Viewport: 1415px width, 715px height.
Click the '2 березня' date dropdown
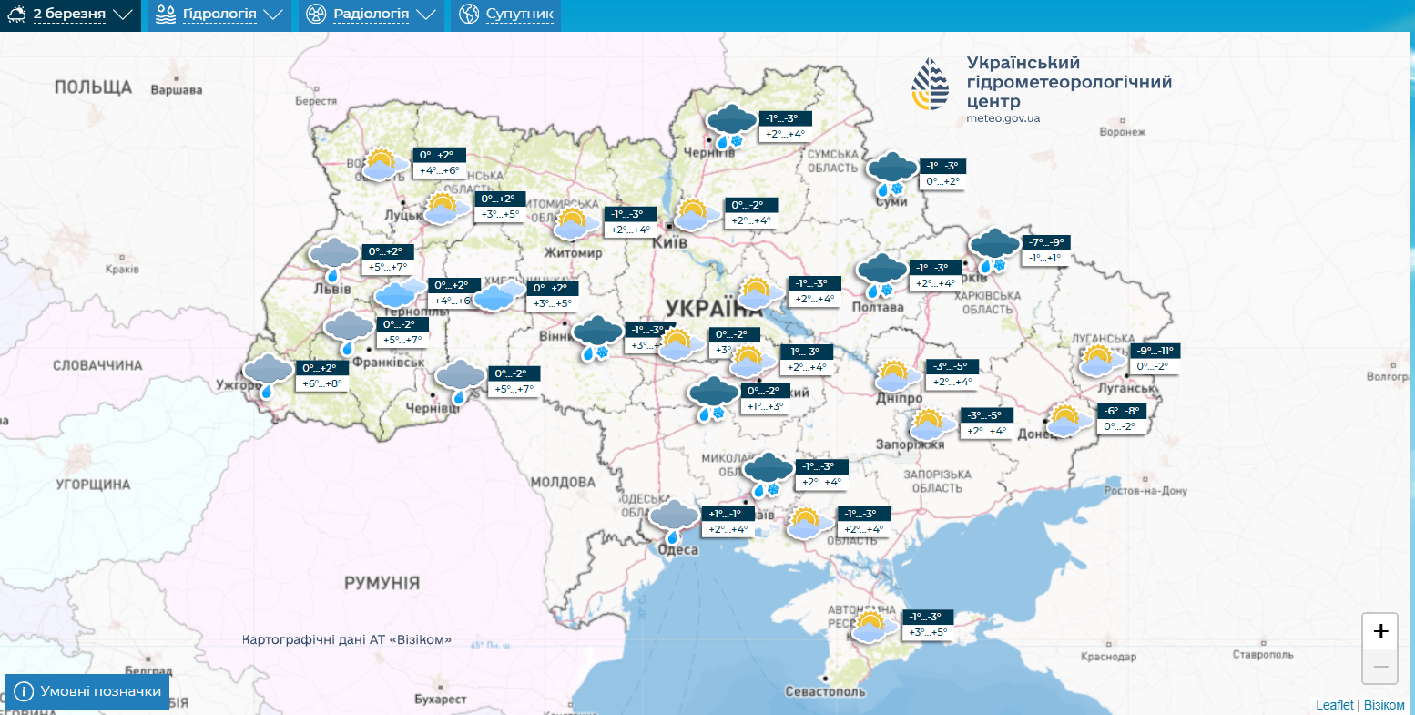[70, 15]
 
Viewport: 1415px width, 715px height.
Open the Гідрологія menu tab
[219, 15]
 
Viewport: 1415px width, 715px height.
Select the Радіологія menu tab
[372, 15]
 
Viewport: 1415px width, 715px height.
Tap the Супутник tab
[506, 15]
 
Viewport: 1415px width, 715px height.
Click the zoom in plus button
[1379, 631]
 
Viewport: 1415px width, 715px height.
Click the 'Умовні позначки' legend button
[87, 691]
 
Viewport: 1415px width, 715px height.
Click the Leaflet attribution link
[1334, 705]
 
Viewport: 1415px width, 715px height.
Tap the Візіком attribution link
[1384, 705]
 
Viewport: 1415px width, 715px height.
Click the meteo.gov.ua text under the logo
[1003, 118]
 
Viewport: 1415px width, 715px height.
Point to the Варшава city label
[176, 90]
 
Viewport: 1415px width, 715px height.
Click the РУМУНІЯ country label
[382, 583]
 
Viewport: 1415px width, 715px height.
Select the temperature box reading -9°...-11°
[1155, 351]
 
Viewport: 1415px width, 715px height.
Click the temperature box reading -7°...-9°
[1045, 242]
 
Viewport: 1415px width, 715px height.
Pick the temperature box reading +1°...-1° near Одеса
[725, 514]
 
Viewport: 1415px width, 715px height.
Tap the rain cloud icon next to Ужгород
[267, 374]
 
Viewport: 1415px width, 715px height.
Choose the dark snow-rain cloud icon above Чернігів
[732, 126]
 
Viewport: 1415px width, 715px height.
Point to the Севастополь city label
[825, 691]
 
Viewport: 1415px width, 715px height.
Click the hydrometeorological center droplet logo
[930, 85]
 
